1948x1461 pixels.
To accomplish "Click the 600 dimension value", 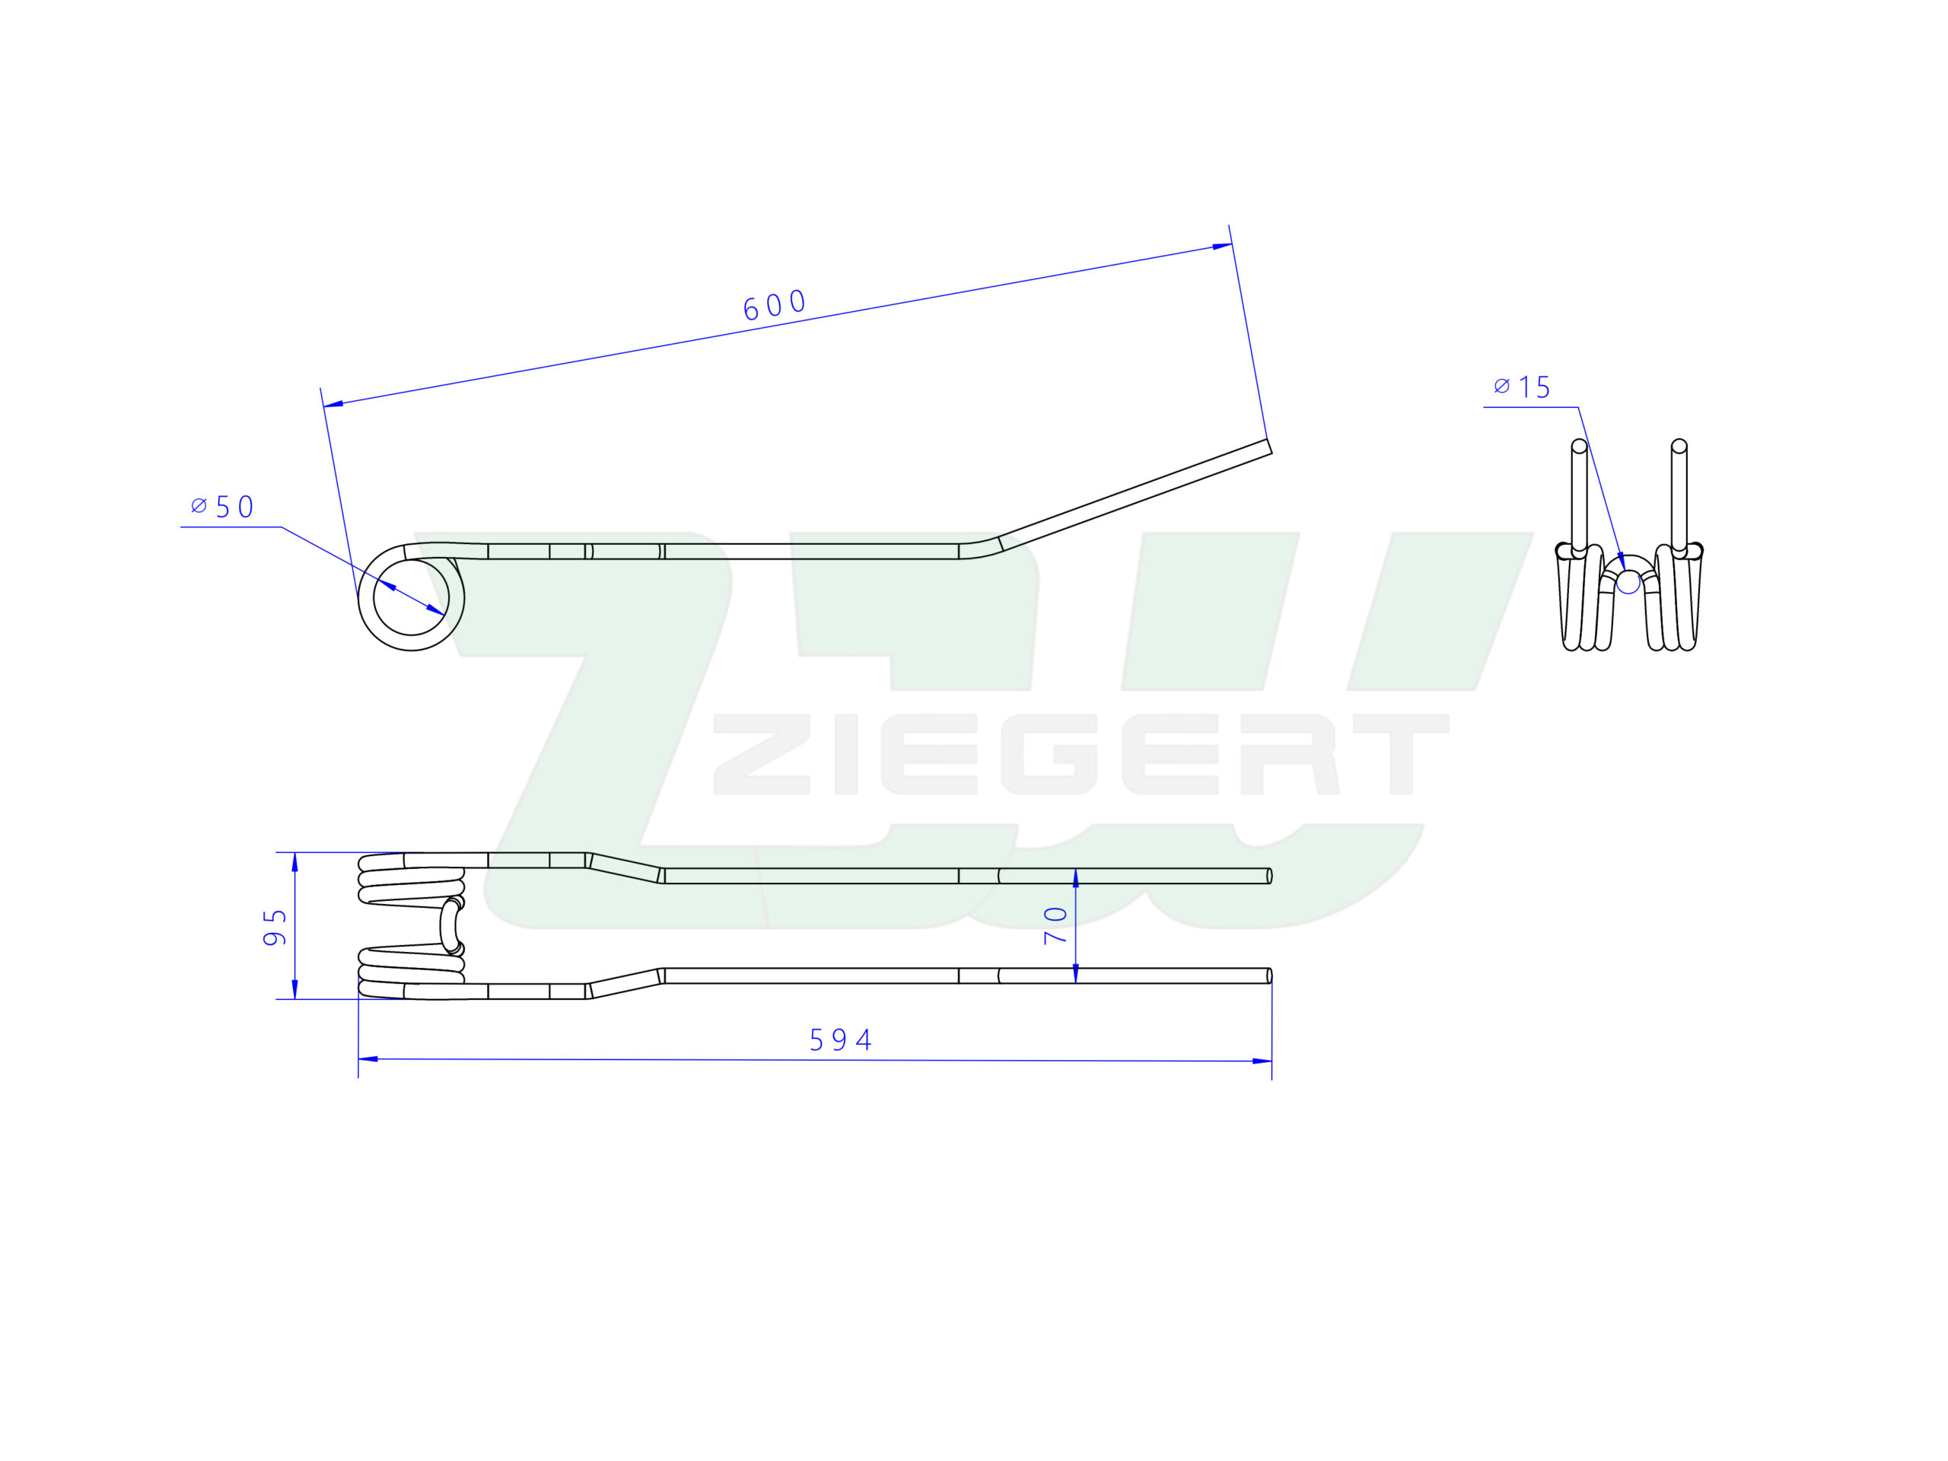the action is [x=775, y=304].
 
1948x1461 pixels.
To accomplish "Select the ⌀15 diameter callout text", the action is [x=1522, y=387].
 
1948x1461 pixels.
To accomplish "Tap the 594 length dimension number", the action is [x=840, y=1041].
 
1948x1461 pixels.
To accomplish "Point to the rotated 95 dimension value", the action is [x=275, y=928].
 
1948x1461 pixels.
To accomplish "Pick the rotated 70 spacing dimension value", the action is [x=1055, y=925].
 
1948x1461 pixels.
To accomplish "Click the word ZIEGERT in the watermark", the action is [x=1081, y=754].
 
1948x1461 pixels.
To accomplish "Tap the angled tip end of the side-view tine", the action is [x=1269, y=447].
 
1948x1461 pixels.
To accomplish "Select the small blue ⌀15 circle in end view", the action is [x=1628, y=582].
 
